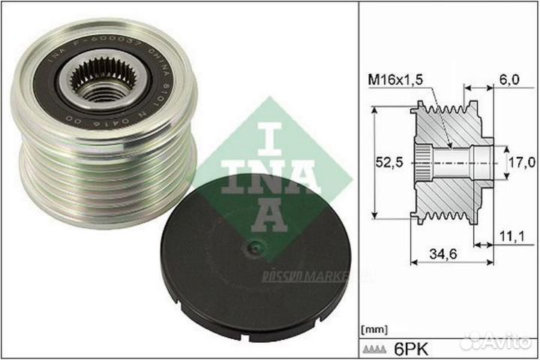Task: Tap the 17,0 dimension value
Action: pos(520,160)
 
